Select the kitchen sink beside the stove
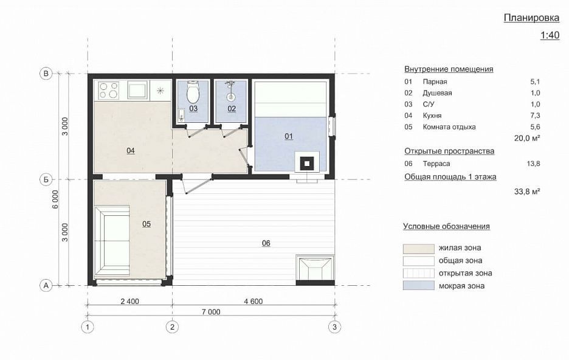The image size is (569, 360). (137, 90)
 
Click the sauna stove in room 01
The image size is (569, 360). (307, 163)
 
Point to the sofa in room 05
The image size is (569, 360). (112, 241)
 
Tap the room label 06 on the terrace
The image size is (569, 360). (266, 243)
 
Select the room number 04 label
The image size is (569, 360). (131, 151)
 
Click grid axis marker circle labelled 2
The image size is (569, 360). (172, 327)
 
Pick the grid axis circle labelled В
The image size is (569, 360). (46, 74)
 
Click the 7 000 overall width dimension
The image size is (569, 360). (211, 312)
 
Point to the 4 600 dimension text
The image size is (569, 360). (253, 301)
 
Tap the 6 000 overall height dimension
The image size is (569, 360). (55, 199)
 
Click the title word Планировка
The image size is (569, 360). (532, 18)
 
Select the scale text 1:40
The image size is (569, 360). (550, 35)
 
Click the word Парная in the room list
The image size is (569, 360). (435, 81)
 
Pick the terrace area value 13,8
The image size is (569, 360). (533, 164)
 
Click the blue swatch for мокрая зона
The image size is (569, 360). (418, 285)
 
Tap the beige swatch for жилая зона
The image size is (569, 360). (418, 249)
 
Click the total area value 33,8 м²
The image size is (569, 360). (527, 191)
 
